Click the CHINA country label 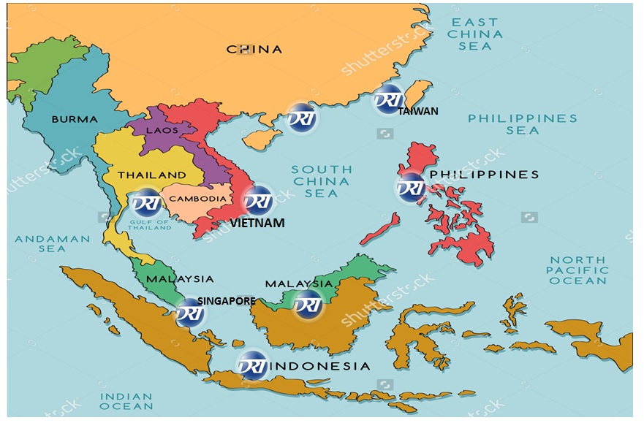pyautogui.click(x=254, y=50)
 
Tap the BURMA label pyautogui.click(x=74, y=118)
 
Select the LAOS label pyautogui.click(x=162, y=130)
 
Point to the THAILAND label pyautogui.click(x=152, y=175)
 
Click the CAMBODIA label pyautogui.click(x=197, y=199)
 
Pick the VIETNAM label pyautogui.click(x=257, y=224)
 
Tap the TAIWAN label pyautogui.click(x=418, y=111)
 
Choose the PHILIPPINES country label pyautogui.click(x=484, y=175)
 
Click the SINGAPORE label pyautogui.click(x=226, y=301)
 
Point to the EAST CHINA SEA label pyautogui.click(x=475, y=34)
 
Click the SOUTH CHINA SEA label pyautogui.click(x=322, y=181)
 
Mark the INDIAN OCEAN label pyautogui.click(x=126, y=401)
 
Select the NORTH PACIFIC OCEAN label pyautogui.click(x=578, y=270)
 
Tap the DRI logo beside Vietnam pyautogui.click(x=257, y=200)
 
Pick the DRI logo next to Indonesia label pyautogui.click(x=251, y=365)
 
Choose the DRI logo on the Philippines pyautogui.click(x=411, y=187)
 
